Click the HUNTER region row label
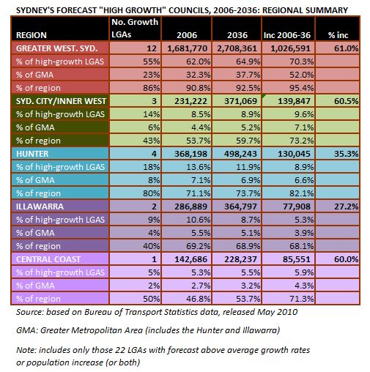32,154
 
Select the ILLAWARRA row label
40,207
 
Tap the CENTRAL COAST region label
48,259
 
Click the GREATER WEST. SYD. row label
56,48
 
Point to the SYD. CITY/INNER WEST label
61,101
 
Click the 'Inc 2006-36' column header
287,35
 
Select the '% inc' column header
338,35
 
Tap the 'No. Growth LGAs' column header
135,29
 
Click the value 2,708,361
237,48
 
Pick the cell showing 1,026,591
290,48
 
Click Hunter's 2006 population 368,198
190,154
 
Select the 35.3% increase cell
346,154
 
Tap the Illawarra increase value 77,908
297,207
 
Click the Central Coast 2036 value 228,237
240,259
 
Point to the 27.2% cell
346,207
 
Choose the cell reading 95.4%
302,88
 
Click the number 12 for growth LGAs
152,48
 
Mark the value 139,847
294,101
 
